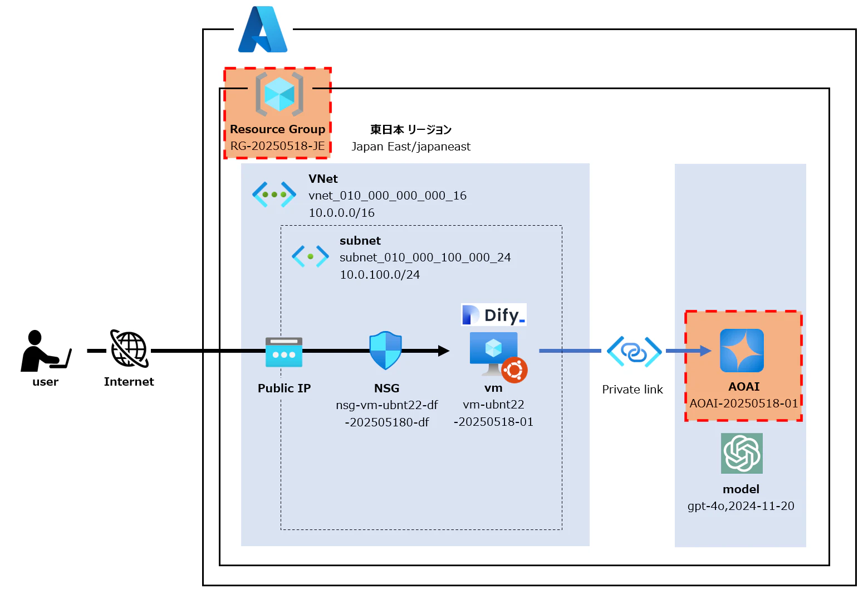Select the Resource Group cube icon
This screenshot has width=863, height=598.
pyautogui.click(x=280, y=94)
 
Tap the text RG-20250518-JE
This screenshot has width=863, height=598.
pyautogui.click(x=277, y=146)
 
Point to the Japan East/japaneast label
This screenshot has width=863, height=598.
pyautogui.click(x=411, y=147)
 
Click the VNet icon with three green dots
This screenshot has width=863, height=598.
pyautogui.click(x=274, y=195)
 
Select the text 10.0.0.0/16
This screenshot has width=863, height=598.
pyautogui.click(x=341, y=213)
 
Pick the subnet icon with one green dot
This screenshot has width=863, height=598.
pyautogui.click(x=310, y=256)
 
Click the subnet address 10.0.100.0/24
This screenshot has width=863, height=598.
pyautogui.click(x=380, y=275)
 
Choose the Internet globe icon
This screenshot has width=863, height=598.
pyautogui.click(x=129, y=349)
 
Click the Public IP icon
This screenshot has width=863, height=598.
pyautogui.click(x=284, y=352)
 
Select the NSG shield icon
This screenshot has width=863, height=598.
pyautogui.click(x=385, y=351)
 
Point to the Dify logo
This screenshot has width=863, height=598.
pyautogui.click(x=494, y=315)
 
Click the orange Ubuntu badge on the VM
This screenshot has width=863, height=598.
pyautogui.click(x=514, y=370)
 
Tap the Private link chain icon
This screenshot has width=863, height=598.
pyautogui.click(x=634, y=352)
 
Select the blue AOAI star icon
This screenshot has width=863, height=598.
pyautogui.click(x=742, y=351)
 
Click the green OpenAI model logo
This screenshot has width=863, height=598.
pyautogui.click(x=742, y=453)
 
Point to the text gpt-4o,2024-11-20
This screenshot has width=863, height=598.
pyautogui.click(x=741, y=506)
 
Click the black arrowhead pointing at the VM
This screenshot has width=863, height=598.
pyautogui.click(x=444, y=351)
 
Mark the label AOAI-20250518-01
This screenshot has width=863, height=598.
pyautogui.click(x=743, y=403)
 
